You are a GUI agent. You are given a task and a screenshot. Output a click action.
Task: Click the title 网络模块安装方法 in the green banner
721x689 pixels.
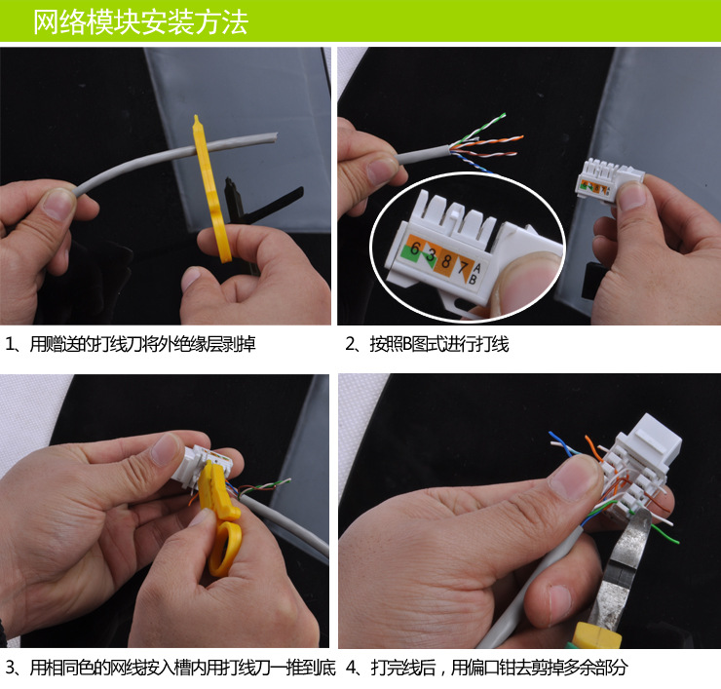[140, 22]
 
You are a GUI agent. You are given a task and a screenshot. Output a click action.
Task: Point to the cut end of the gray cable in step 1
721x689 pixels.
[275, 137]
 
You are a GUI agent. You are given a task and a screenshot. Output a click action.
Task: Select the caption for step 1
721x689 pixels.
[131, 344]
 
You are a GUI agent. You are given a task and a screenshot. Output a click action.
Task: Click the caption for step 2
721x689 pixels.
[427, 344]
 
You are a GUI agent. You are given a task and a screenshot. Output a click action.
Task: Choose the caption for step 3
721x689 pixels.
[171, 668]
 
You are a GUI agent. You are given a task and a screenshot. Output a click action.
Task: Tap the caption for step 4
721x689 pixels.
[486, 668]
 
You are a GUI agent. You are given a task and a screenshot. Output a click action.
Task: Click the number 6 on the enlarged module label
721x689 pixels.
[415, 249]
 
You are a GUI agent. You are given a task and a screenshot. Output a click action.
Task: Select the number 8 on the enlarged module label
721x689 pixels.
[445, 261]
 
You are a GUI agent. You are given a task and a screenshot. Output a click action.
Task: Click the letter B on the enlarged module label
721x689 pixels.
[473, 278]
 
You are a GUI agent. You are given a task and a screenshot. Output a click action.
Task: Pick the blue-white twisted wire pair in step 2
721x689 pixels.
[474, 164]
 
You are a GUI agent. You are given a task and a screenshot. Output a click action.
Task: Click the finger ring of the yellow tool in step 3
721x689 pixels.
[225, 549]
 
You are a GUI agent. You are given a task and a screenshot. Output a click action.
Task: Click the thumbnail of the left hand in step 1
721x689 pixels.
[58, 203]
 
